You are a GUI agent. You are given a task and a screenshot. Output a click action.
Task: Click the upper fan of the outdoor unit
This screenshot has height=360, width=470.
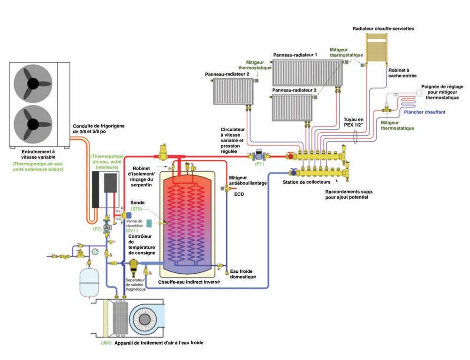click(33, 83)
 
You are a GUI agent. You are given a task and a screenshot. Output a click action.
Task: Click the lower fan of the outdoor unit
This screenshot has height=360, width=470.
click(33, 124)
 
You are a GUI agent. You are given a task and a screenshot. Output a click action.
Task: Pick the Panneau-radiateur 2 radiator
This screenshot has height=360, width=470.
click(233, 91)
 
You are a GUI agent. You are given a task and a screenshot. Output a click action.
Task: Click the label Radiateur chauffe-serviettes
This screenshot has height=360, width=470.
click(383, 29)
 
